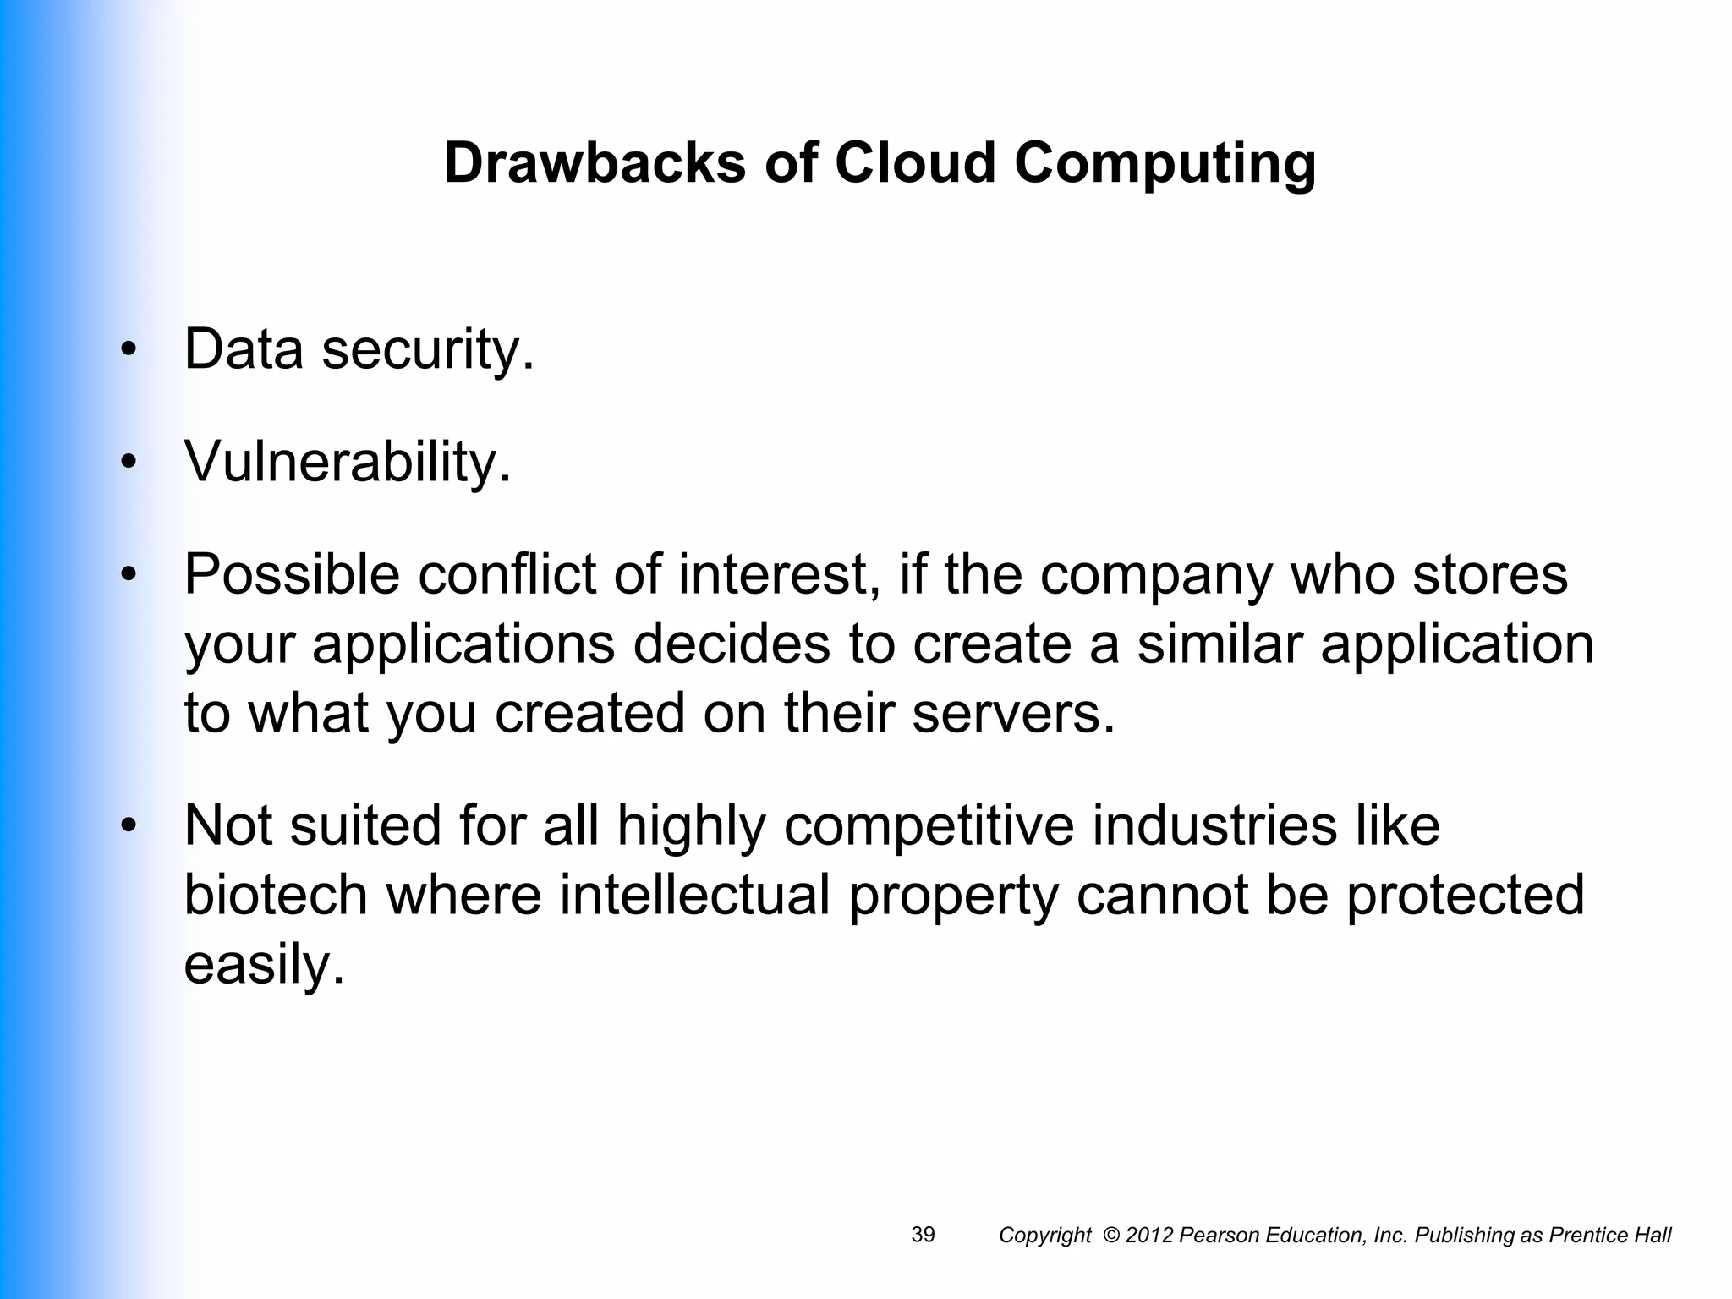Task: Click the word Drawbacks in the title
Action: click(595, 162)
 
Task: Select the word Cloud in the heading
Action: click(915, 162)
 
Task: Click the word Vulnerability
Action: click(348, 463)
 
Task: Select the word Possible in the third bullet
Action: click(292, 576)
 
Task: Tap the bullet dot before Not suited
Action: click(129, 825)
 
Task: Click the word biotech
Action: click(276, 896)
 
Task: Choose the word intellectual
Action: click(694, 896)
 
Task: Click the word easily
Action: click(264, 967)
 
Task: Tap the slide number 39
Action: click(923, 1235)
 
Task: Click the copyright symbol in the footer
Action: click(1112, 1236)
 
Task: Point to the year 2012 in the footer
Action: click(1149, 1236)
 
